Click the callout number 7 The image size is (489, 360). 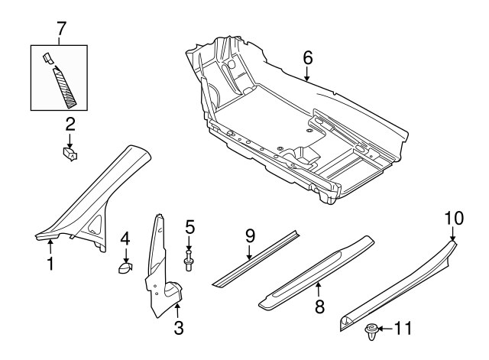61,29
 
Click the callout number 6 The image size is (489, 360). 306,58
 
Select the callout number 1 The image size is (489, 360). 50,265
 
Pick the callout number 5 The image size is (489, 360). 189,227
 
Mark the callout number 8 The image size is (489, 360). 320,306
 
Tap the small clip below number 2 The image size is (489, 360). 69,154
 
